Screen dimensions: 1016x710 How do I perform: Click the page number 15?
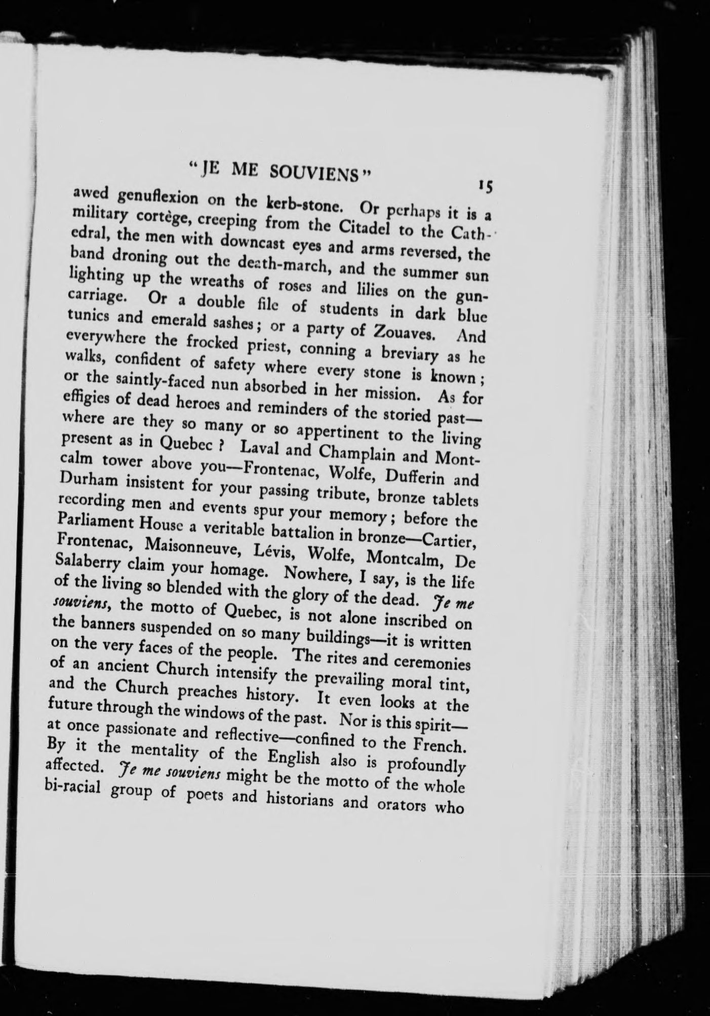(x=488, y=186)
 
